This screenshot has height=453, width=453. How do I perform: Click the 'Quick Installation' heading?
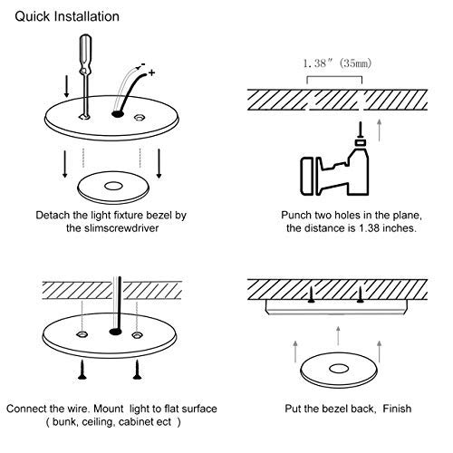[x=67, y=16]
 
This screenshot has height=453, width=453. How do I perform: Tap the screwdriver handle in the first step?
[x=85, y=53]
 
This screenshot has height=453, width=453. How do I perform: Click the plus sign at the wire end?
[x=151, y=72]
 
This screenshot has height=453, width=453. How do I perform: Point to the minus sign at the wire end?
[x=143, y=64]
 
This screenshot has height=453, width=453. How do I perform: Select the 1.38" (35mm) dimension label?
[x=337, y=63]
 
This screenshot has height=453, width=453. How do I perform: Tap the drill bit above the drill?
[x=360, y=130]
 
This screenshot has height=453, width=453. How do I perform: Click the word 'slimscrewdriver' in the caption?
[x=121, y=228]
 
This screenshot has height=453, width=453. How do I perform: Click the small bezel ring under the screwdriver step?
[x=113, y=188]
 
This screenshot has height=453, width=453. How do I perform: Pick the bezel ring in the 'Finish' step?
[x=339, y=370]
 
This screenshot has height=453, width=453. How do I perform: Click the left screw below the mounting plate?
[x=82, y=370]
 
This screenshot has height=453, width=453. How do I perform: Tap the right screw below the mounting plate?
[x=138, y=370]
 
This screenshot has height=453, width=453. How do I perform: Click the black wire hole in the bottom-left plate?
[x=115, y=332]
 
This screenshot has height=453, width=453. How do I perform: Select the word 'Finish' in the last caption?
[x=397, y=409]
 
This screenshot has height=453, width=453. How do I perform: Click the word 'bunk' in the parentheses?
[x=63, y=422]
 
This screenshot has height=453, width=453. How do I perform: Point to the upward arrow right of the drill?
[x=380, y=130]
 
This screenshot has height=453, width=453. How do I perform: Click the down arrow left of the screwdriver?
[x=67, y=87]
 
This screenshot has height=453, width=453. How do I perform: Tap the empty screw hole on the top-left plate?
[x=140, y=118]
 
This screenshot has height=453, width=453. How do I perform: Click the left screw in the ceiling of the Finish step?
[x=311, y=294]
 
